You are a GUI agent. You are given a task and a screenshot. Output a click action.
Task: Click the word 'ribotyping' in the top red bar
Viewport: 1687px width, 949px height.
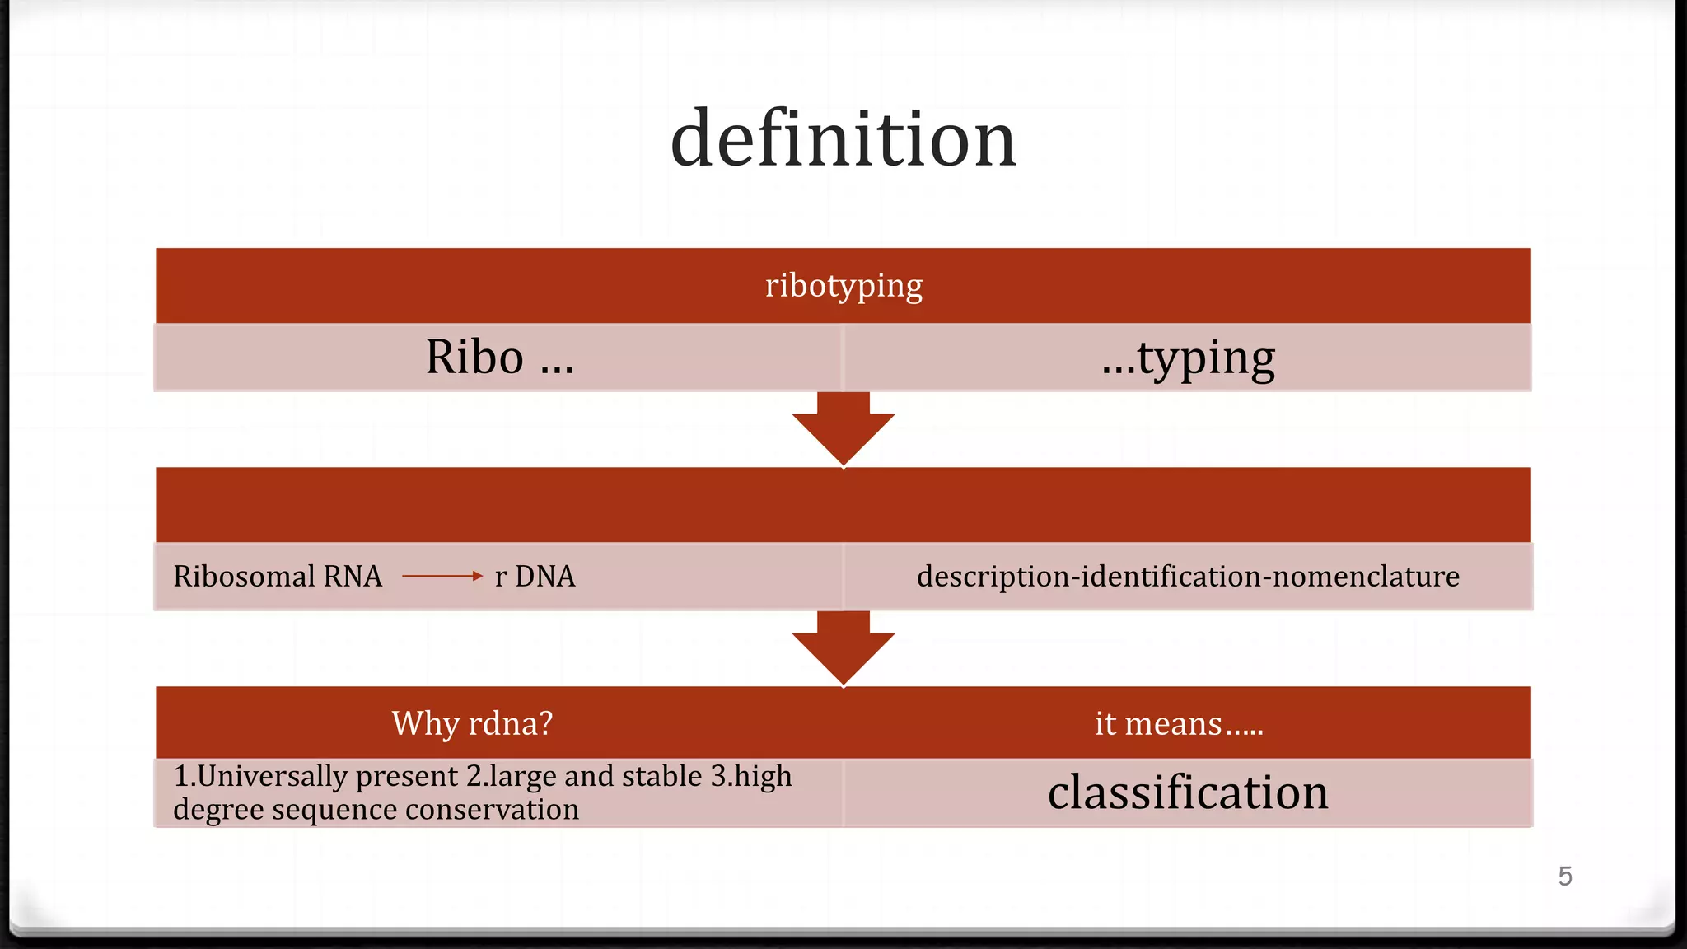point(843,286)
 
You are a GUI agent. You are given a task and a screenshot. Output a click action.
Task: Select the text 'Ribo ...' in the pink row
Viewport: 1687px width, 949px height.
point(499,358)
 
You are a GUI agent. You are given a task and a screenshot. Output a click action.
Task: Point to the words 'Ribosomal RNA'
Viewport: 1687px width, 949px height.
point(278,577)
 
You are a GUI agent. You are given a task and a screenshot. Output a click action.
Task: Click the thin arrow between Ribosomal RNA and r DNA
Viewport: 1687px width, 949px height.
point(442,576)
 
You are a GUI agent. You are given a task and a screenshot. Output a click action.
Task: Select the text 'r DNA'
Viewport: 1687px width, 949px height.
point(535,577)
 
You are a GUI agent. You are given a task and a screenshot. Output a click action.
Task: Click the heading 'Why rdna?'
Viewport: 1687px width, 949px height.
point(472,723)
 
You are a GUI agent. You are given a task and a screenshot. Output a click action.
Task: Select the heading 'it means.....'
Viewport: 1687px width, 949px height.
point(1178,724)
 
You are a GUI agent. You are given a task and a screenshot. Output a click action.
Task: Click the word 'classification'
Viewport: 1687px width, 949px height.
point(1188,792)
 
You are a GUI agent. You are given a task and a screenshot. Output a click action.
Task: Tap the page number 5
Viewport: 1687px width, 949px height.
point(1565,876)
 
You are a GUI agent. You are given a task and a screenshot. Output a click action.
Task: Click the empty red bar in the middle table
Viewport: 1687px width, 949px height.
point(843,505)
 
